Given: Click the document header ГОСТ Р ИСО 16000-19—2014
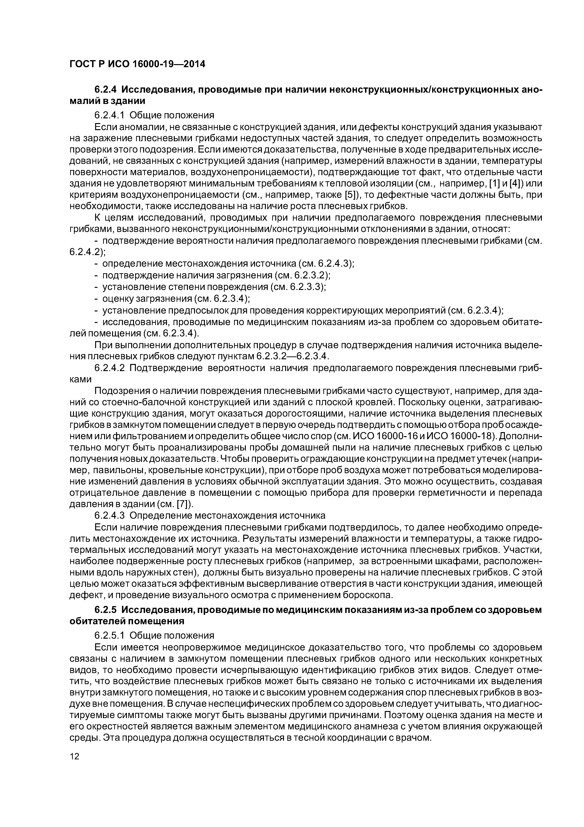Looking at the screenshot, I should click(137, 64).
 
